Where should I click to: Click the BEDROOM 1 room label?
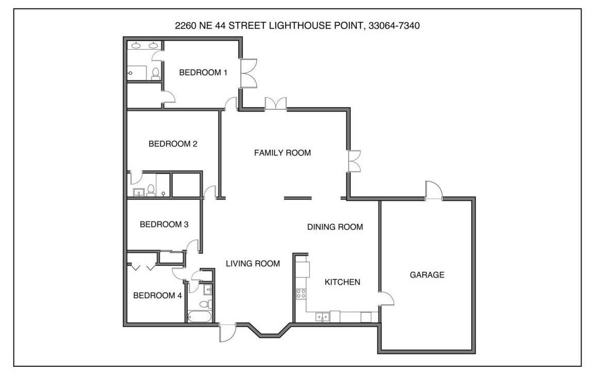click(203, 72)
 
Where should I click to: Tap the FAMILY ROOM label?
click(283, 153)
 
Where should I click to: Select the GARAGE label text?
click(427, 275)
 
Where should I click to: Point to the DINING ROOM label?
click(335, 227)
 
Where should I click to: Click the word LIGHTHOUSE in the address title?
click(300, 26)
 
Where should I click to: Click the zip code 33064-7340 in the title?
click(394, 26)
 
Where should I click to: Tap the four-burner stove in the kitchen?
click(301, 293)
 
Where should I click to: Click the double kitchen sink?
click(322, 316)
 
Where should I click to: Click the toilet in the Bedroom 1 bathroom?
click(155, 73)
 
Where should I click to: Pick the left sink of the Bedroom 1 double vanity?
click(136, 45)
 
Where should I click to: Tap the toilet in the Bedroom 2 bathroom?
click(151, 190)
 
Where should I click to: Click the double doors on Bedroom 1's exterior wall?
click(249, 73)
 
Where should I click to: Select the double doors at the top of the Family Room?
click(276, 104)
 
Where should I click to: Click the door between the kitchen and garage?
click(386, 298)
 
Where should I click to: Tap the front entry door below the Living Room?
click(227, 332)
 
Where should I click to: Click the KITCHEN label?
click(342, 282)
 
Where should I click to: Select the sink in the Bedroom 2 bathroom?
click(138, 192)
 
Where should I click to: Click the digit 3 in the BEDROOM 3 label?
click(186, 224)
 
